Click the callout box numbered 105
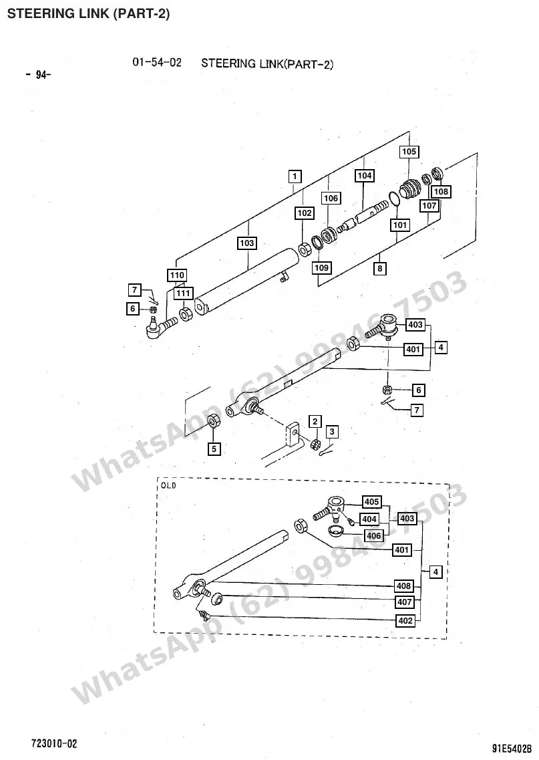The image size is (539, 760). (x=409, y=152)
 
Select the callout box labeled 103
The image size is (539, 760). (x=246, y=243)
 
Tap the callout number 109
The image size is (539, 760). (x=321, y=267)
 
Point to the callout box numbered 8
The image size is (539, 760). (x=379, y=268)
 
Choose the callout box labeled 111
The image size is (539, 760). (x=184, y=293)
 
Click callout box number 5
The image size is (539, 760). (x=214, y=449)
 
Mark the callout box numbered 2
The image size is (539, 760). (x=315, y=421)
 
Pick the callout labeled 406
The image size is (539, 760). (x=374, y=535)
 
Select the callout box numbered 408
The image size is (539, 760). (x=404, y=586)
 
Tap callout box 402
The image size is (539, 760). (x=405, y=621)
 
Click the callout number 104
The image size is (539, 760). (x=365, y=175)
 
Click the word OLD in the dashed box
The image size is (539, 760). (x=168, y=486)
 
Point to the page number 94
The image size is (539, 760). (x=38, y=75)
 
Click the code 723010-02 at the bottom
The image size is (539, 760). (x=54, y=743)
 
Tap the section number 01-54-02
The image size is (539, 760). (x=157, y=62)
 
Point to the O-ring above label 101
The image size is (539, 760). (x=393, y=199)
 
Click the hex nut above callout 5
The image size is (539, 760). (x=214, y=420)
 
